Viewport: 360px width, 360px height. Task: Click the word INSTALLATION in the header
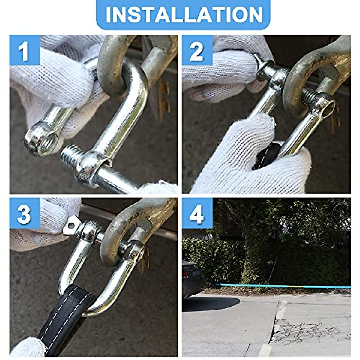point(184,14)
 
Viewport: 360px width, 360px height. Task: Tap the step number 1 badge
point(25,50)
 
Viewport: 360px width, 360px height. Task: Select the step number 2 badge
point(197,50)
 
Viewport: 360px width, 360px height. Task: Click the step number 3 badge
point(25,214)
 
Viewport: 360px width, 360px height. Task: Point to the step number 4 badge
point(197,214)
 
